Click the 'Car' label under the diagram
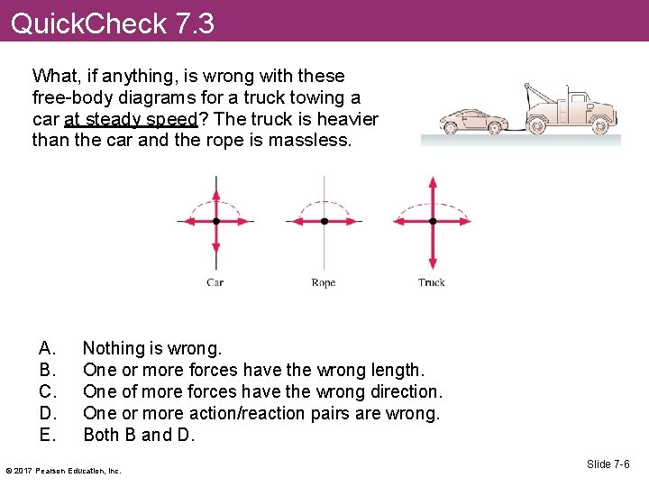point(215,282)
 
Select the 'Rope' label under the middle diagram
point(323,282)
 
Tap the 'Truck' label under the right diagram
point(432,282)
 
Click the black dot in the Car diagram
point(216,221)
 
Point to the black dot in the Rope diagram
point(324,221)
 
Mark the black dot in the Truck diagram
point(433,221)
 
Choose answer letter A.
point(47,348)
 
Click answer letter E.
point(47,435)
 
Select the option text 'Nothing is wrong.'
point(151,348)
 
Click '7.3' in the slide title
point(195,23)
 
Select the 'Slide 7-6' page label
point(608,464)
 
